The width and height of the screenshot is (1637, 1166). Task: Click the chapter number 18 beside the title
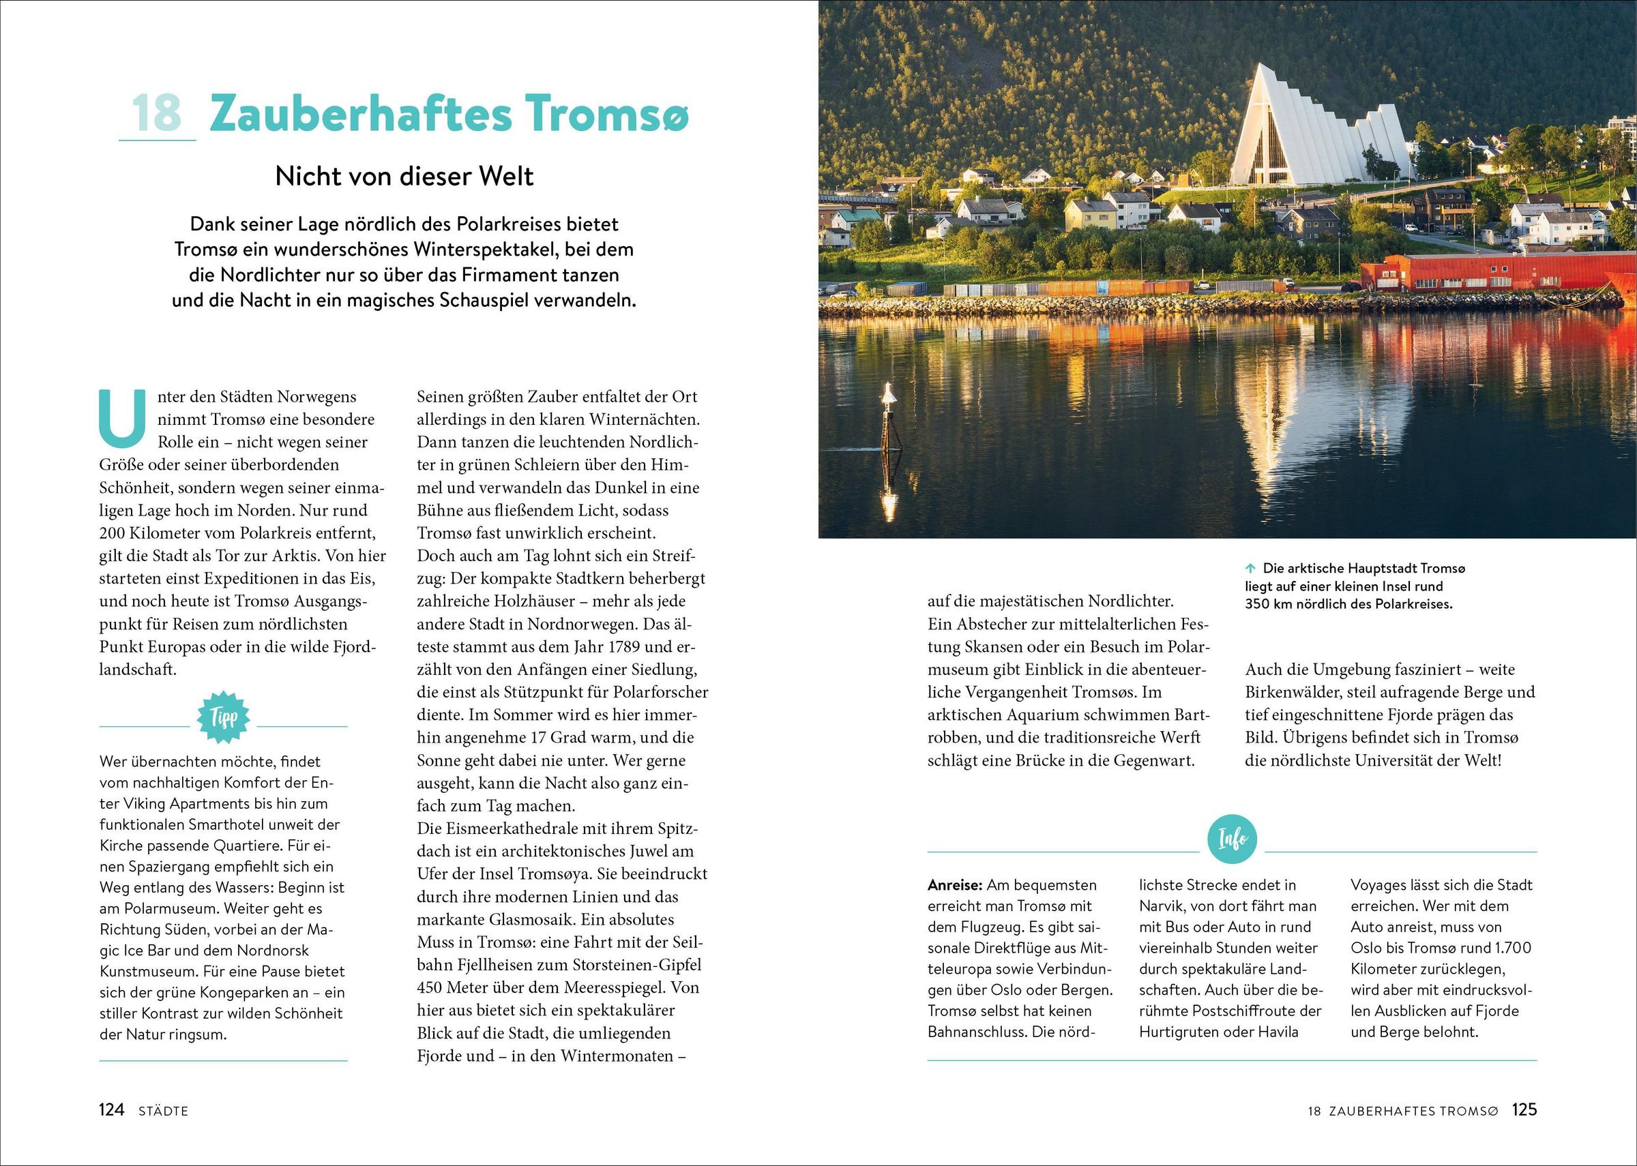(156, 113)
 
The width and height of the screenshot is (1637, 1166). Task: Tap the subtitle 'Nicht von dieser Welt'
(404, 177)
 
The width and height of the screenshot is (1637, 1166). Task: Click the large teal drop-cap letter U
(122, 418)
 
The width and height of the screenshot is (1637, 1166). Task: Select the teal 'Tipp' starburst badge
(223, 717)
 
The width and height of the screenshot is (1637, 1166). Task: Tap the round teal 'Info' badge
(1232, 838)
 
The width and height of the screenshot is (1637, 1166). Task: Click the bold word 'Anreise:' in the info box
(955, 885)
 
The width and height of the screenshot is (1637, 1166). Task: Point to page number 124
(111, 1110)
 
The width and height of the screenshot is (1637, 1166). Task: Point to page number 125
(1524, 1109)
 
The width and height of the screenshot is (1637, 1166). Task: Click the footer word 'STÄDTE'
(163, 1111)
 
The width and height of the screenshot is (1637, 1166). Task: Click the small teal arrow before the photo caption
(1250, 569)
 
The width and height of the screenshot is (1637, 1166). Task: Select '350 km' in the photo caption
(1268, 604)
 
